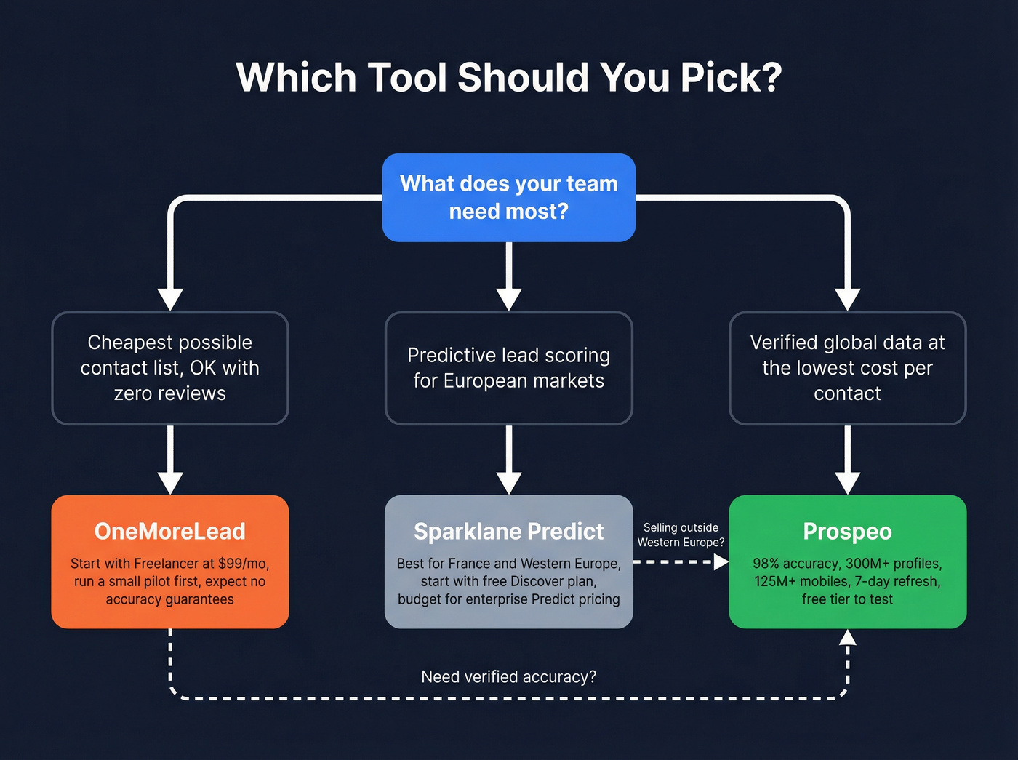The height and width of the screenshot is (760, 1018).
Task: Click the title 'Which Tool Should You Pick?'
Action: [x=509, y=77]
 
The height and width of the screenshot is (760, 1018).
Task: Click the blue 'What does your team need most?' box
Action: [x=509, y=197]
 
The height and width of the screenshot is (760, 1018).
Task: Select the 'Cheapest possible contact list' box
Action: [x=170, y=368]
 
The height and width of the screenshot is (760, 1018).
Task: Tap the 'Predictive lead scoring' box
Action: [x=509, y=368]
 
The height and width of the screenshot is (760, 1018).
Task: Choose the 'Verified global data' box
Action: [x=847, y=368]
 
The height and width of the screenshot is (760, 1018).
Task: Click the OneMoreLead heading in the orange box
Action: [x=170, y=532]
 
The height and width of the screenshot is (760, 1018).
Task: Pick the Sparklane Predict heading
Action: [x=509, y=532]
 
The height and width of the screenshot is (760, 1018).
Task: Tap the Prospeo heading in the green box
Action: [x=847, y=532]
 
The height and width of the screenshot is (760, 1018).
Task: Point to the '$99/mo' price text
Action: [x=243, y=564]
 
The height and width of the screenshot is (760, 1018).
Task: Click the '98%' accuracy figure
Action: [x=766, y=564]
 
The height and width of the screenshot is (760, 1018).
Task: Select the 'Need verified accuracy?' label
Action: [x=509, y=677]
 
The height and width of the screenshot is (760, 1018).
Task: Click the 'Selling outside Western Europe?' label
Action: [x=681, y=535]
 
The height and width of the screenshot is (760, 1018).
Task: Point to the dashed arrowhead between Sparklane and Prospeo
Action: [x=721, y=562]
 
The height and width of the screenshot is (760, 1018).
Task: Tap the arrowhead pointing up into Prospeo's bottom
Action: [x=848, y=638]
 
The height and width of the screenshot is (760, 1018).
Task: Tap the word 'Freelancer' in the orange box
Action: [x=166, y=564]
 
